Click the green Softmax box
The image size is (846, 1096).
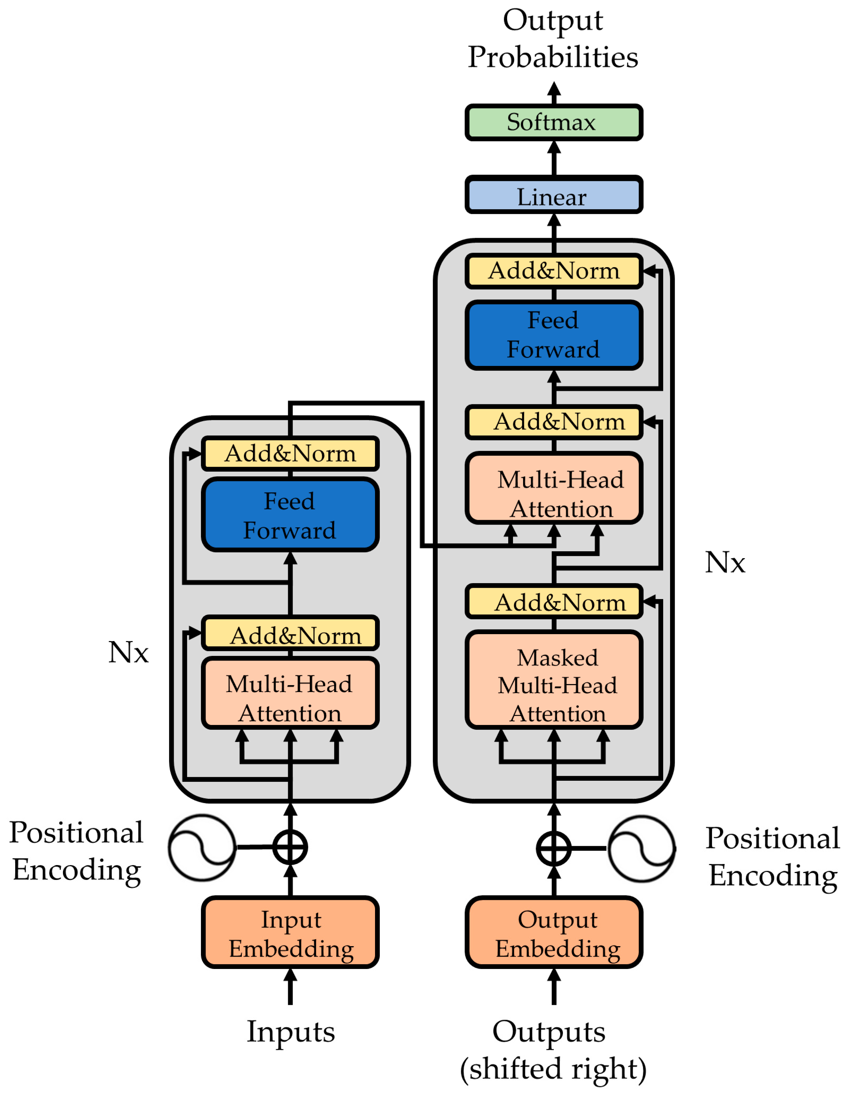point(554,122)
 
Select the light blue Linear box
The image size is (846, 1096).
point(554,195)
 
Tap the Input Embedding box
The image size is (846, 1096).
point(290,932)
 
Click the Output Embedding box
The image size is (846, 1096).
point(554,932)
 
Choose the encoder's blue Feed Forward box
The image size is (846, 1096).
point(290,514)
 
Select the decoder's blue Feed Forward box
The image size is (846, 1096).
point(554,335)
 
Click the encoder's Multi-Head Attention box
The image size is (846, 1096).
point(290,693)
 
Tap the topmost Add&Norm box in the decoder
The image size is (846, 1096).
point(554,271)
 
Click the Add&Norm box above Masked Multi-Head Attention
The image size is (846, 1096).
point(554,601)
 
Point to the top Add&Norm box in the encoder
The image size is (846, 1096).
point(290,453)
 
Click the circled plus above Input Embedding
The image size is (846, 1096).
point(290,847)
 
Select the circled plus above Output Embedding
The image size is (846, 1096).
point(554,848)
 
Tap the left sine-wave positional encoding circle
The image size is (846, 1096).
point(202,847)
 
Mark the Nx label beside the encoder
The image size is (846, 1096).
point(129,652)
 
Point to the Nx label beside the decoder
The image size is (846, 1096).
point(725,562)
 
